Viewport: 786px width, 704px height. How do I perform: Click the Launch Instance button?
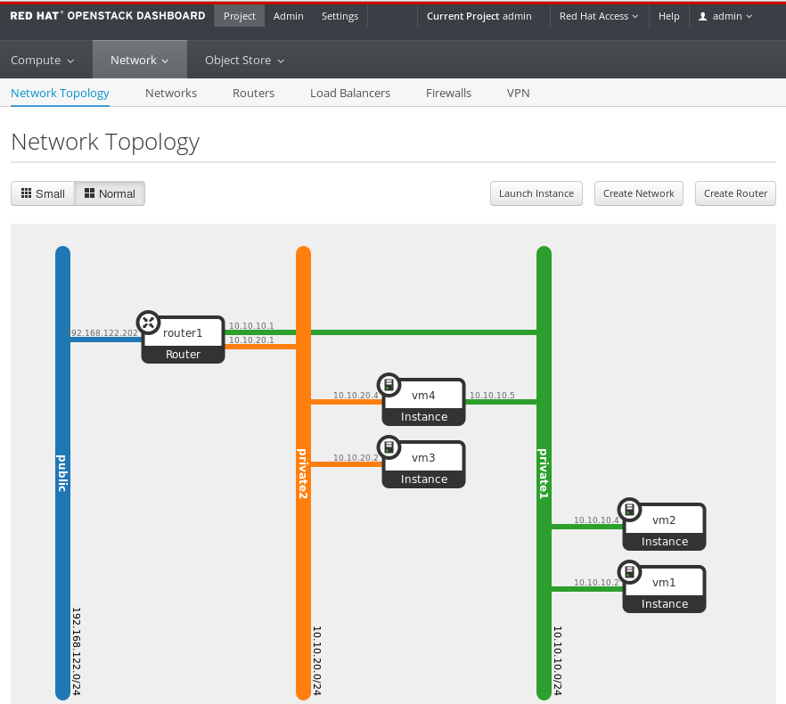point(536,193)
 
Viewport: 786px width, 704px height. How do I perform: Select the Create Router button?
point(735,193)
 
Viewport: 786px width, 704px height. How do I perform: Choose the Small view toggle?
point(43,193)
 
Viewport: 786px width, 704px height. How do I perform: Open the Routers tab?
point(253,93)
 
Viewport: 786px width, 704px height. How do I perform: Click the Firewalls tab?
point(448,93)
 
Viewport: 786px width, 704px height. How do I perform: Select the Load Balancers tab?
point(350,93)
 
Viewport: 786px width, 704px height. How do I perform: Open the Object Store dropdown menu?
point(244,61)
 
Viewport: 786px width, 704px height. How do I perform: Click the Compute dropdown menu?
point(42,61)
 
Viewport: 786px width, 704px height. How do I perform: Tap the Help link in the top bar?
point(668,16)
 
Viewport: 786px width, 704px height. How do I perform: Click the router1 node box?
point(183,340)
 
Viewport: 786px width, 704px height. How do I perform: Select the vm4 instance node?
point(423,402)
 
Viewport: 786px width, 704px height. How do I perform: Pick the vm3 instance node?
point(423,464)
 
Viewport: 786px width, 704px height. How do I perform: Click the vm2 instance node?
point(664,527)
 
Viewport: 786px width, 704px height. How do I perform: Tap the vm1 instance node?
point(664,589)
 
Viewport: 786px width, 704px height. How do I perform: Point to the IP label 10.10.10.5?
point(492,395)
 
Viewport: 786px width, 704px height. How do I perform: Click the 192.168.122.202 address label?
point(102,333)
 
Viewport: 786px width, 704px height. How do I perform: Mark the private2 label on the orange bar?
point(303,474)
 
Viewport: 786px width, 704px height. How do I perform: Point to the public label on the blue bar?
point(62,473)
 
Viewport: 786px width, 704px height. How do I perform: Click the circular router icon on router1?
point(148,323)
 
